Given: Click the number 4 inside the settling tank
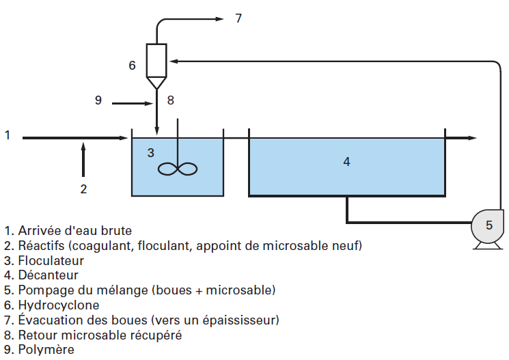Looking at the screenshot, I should pyautogui.click(x=346, y=162).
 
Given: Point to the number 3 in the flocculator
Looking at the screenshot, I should pyautogui.click(x=151, y=152).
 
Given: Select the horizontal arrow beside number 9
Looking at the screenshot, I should pyautogui.click(x=133, y=103).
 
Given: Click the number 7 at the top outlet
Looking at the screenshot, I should pyautogui.click(x=238, y=18).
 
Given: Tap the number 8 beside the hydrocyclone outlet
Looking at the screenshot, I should pyautogui.click(x=171, y=100).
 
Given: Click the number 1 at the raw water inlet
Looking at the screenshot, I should pyautogui.click(x=8, y=135).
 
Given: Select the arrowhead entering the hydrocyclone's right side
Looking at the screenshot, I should pyautogui.click(x=173, y=62).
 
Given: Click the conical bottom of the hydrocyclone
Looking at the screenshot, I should pyautogui.click(x=157, y=82).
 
